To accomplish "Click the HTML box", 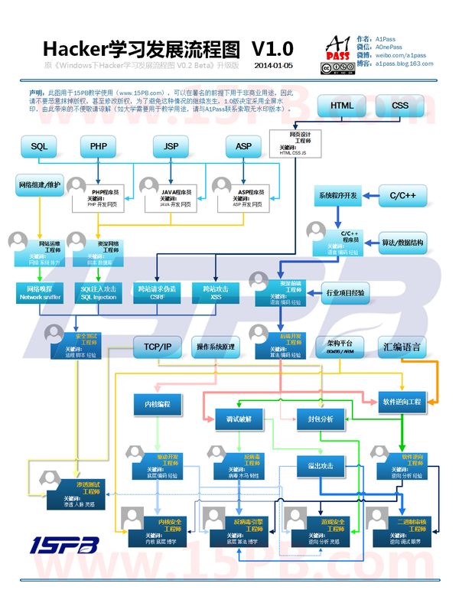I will click(x=342, y=106).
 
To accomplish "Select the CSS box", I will click(x=400, y=106).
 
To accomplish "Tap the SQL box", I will click(x=39, y=145).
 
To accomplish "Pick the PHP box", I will click(x=98, y=145).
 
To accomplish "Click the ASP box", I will click(x=243, y=145).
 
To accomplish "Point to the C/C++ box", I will click(x=402, y=196).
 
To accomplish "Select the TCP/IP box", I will click(x=157, y=347).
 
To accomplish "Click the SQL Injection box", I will click(x=99, y=292).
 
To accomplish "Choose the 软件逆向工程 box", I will click(x=402, y=402).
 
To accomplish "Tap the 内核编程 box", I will click(x=158, y=402).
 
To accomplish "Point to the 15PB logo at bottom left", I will click(x=65, y=545).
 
